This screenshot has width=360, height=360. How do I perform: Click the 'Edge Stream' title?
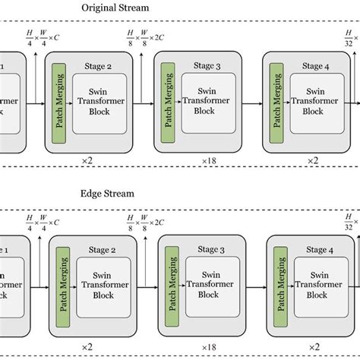(107, 194)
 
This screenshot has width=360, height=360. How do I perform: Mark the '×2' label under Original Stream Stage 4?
(312, 161)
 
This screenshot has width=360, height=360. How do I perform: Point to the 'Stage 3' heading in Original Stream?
(207, 66)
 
